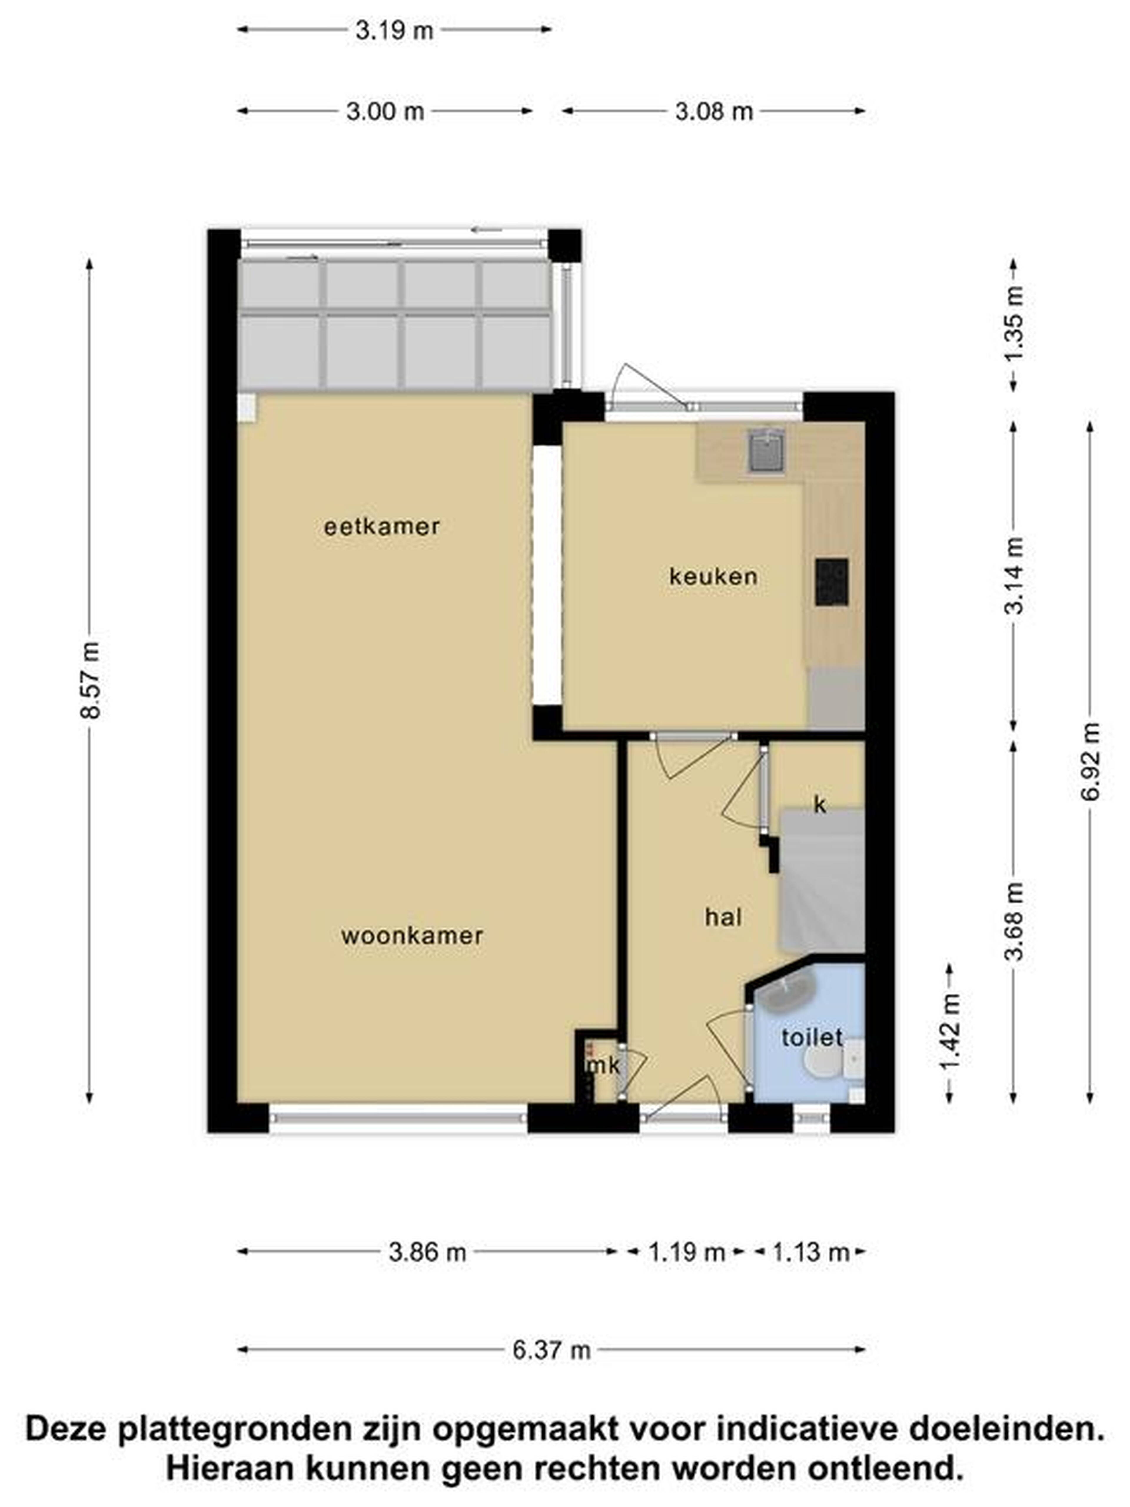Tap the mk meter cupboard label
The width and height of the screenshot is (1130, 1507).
point(604,1066)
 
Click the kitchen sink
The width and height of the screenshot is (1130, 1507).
point(767,451)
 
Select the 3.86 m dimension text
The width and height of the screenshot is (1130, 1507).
point(427,1252)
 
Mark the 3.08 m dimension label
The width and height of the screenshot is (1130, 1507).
point(714,112)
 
